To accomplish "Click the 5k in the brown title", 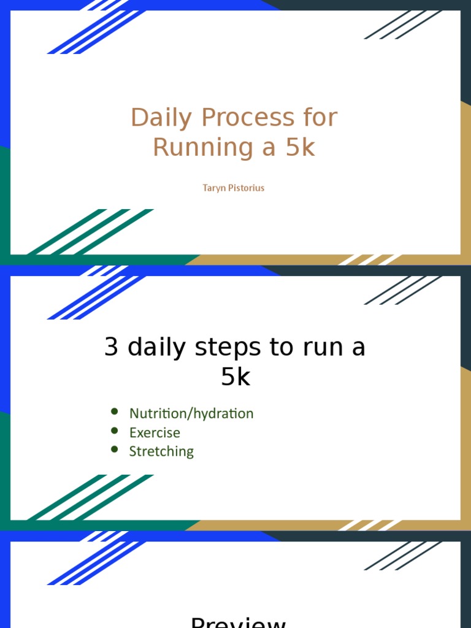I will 300,148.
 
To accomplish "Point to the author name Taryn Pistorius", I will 234,188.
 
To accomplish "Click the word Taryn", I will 216,188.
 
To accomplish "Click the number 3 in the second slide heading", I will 111,347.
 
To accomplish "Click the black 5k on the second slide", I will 235,377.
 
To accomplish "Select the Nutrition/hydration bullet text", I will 191,414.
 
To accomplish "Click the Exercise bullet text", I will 155,433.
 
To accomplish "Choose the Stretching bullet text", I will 161,452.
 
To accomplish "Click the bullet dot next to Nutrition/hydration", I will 114,412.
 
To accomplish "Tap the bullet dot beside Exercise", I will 114,431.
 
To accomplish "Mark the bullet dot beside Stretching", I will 114,450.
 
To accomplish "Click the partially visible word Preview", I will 238,622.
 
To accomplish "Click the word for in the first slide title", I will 316,118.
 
